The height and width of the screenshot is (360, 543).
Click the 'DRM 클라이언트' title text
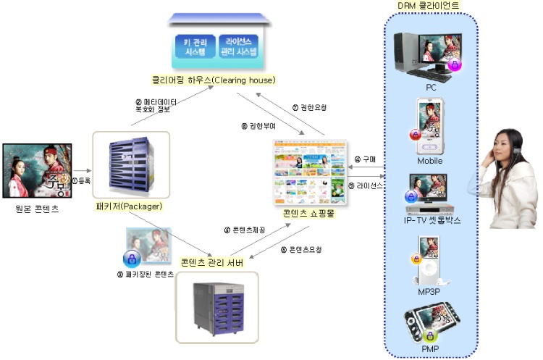(x=429, y=6)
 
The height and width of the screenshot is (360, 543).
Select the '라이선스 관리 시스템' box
(x=237, y=46)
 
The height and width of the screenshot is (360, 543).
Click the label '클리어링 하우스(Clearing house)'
(x=213, y=80)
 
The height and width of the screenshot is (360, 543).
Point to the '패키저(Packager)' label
(x=129, y=206)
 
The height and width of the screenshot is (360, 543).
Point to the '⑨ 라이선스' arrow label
(x=366, y=185)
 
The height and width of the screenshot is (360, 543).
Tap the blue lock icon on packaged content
(x=132, y=258)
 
